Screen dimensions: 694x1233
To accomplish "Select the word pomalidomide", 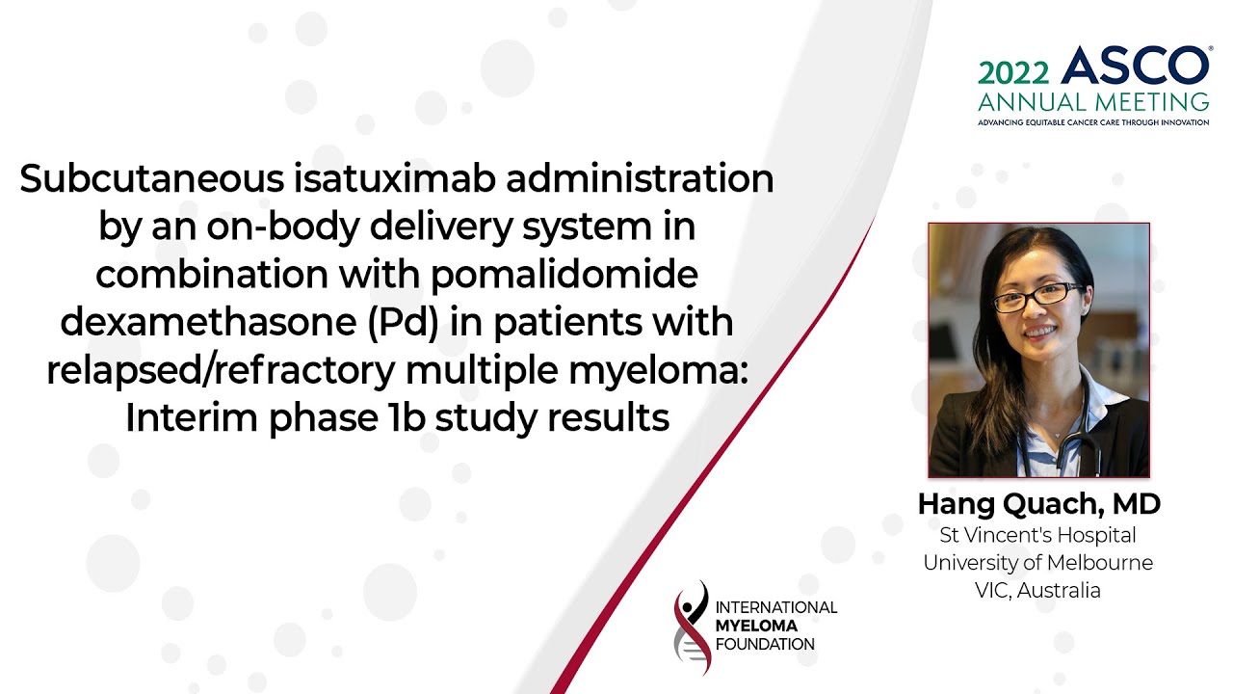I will point(564,275).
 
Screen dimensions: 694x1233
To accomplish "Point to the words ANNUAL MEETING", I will point(1093,101).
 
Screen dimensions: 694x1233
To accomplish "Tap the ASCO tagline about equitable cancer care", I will point(1093,122).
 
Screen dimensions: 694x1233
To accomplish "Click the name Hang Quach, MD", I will point(1038,504).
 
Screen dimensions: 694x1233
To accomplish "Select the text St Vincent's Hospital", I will point(1038,535).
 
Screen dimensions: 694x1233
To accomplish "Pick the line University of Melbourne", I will point(1038,563).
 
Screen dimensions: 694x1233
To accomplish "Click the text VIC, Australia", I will point(1038,591).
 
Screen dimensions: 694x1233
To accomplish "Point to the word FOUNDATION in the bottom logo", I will point(765,644).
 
